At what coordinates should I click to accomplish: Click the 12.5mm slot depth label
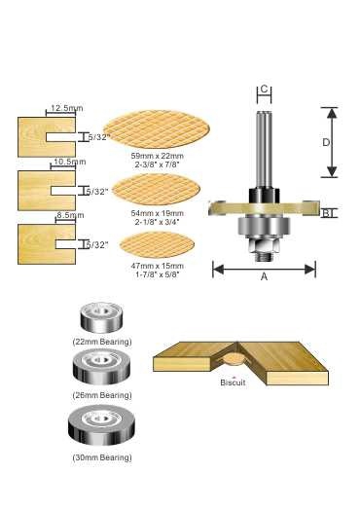coord(67,108)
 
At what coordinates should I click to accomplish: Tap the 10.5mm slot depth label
coord(70,162)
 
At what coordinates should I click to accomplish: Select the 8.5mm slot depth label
coord(70,215)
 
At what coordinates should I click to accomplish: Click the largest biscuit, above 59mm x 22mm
coord(157,129)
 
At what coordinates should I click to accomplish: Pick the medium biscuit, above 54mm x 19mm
coord(157,189)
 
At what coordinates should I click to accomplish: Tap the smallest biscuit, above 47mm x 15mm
coord(157,244)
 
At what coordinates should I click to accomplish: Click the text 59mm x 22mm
coord(157,156)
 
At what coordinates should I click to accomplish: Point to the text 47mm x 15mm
coord(157,266)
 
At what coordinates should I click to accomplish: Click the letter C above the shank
coord(264,89)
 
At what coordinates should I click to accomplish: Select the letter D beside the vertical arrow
coord(326,142)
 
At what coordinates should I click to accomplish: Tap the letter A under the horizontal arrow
coord(264,276)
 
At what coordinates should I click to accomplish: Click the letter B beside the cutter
coord(326,213)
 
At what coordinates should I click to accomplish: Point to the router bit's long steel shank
coord(264,150)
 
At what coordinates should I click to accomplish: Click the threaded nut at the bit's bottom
coord(264,248)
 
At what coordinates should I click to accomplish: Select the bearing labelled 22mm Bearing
coord(101,317)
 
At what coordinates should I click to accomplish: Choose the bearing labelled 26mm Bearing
coord(101,368)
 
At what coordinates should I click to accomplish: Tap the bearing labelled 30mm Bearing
coord(101,426)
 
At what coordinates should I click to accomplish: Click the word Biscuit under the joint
coord(233,382)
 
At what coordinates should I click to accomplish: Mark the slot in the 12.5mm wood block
coord(61,137)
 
